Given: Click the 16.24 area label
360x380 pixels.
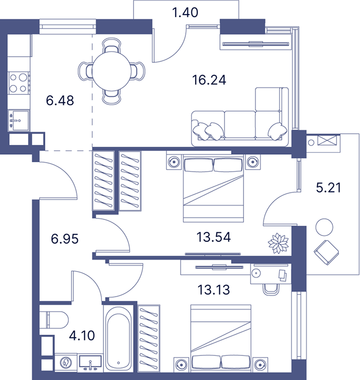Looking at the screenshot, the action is click(x=209, y=80).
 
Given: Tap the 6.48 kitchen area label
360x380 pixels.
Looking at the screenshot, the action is click(x=60, y=100).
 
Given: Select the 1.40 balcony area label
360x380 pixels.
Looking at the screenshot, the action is click(x=185, y=13).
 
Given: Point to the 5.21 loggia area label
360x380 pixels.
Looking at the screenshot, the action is click(x=328, y=188).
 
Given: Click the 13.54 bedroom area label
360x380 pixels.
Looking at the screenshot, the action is click(x=213, y=237).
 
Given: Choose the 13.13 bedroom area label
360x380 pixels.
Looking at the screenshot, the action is click(x=213, y=290).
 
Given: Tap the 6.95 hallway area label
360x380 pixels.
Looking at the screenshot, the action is click(x=65, y=239).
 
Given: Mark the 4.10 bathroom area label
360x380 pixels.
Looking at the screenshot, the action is click(x=82, y=336).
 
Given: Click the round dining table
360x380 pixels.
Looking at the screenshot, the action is click(x=111, y=71).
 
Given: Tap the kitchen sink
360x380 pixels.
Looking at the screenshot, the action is click(x=19, y=120).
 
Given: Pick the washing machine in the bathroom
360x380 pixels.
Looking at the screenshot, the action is click(x=66, y=362).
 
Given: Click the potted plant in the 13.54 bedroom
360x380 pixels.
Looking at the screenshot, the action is click(x=278, y=243).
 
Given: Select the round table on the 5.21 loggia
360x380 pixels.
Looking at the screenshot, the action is click(x=324, y=227).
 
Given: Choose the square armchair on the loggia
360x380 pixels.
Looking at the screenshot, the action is click(x=326, y=252).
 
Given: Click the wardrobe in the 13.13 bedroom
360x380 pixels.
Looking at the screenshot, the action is click(x=149, y=338).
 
